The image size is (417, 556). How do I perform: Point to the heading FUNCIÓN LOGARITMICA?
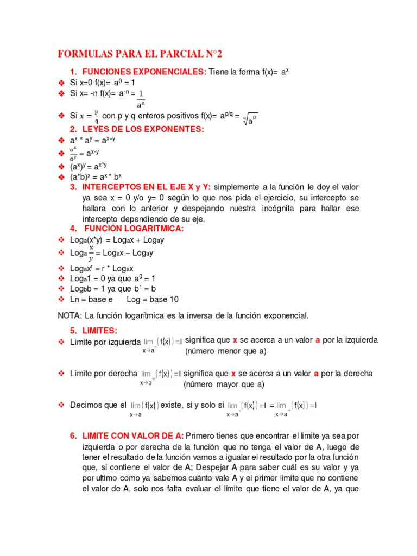pos(133,229)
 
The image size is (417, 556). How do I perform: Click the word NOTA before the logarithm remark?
pos(69,315)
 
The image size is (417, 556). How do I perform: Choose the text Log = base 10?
pos(153,299)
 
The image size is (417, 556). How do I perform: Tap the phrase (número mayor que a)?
pos(224,384)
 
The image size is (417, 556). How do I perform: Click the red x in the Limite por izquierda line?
pos(235,340)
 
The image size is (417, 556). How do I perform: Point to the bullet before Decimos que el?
pos(61,405)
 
